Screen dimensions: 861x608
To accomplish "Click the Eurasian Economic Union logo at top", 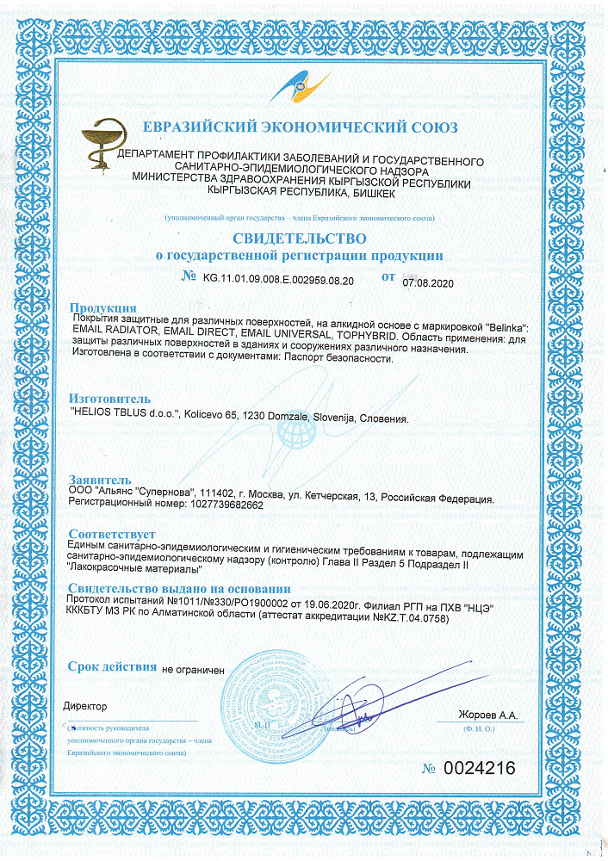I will (x=300, y=86).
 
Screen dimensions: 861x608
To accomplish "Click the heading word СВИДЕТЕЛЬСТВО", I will (x=299, y=237).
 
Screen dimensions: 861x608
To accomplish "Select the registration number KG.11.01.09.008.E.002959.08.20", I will (x=280, y=279).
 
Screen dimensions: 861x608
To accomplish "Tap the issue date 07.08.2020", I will (x=427, y=282).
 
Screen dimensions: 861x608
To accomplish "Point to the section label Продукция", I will (x=102, y=307).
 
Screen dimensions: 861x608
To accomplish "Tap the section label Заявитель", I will (x=100, y=479).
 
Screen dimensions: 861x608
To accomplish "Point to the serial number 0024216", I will (x=478, y=768).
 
